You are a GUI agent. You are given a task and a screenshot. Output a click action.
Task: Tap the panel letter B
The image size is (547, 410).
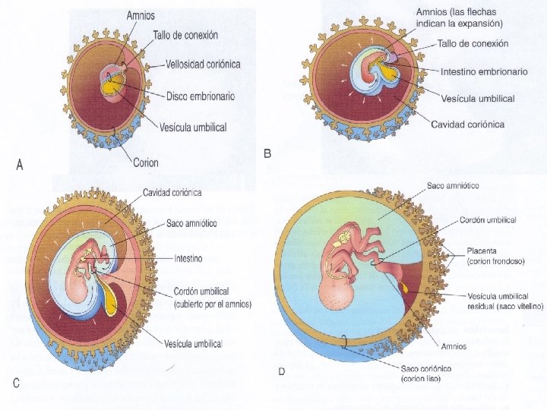(x=267, y=153)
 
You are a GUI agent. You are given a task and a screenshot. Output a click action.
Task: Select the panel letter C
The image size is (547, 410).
(x=16, y=383)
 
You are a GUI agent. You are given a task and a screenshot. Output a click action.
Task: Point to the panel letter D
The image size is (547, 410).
(x=282, y=371)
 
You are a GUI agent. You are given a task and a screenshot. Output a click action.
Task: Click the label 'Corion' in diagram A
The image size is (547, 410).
(x=146, y=162)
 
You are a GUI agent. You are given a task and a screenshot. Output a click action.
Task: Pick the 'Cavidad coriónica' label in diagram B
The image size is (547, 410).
(x=467, y=125)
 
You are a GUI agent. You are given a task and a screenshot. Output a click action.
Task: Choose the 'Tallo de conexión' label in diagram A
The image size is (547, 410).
(x=185, y=35)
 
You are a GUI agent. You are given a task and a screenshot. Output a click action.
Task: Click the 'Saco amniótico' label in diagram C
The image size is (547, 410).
(x=192, y=224)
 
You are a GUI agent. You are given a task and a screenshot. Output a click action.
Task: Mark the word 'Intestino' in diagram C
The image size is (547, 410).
(x=188, y=258)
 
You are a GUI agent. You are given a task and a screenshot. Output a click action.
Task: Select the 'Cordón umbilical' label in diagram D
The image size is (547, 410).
(x=488, y=220)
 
